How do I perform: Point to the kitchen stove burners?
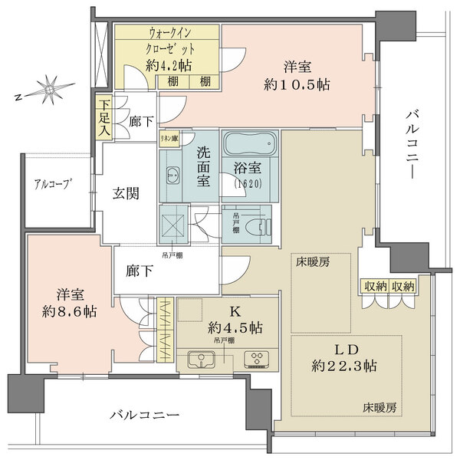(x=255, y=360)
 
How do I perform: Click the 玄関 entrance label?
(x=126, y=194)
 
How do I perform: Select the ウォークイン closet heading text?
(x=166, y=34)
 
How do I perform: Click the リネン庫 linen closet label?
(x=169, y=139)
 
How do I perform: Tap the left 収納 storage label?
(x=375, y=286)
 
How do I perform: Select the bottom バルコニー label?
(x=144, y=415)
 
